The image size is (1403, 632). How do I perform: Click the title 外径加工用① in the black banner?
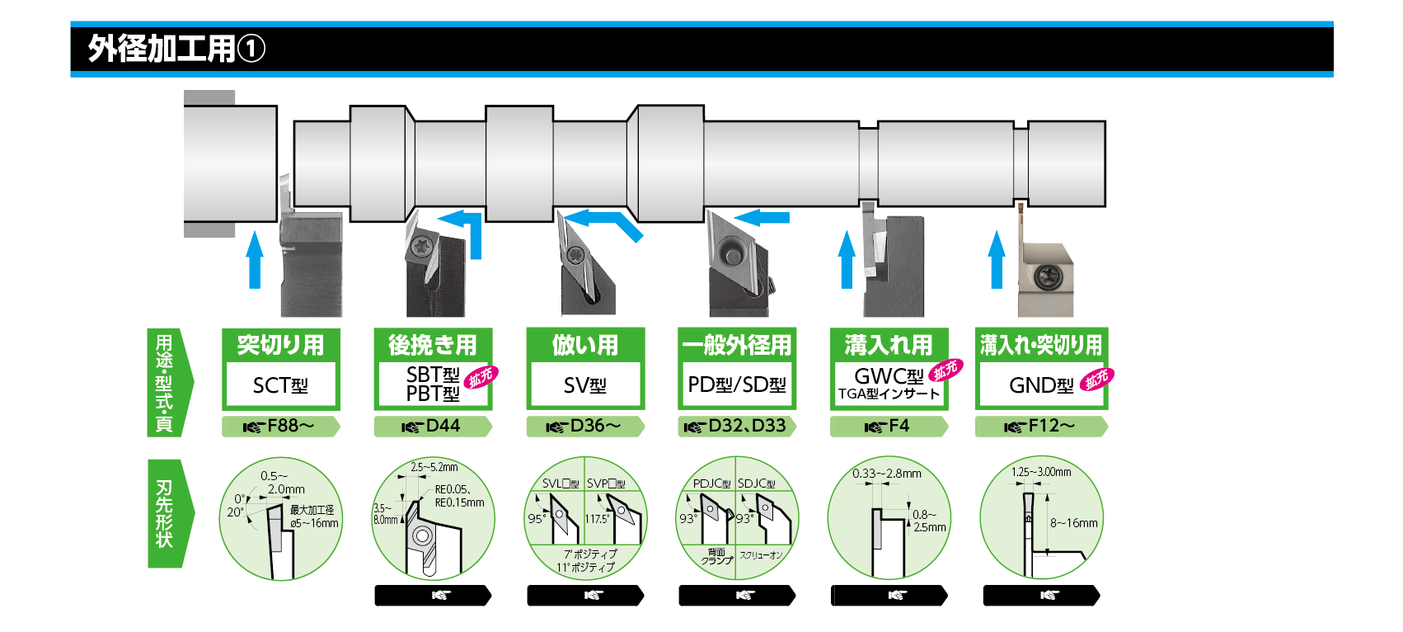[x=176, y=49]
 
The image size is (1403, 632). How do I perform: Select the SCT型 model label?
[x=280, y=385]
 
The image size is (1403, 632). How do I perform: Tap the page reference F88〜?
[x=281, y=426]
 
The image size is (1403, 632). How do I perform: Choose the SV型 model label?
[x=584, y=385]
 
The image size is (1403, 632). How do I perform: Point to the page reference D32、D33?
[x=737, y=426]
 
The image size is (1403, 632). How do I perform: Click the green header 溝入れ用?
[x=889, y=345]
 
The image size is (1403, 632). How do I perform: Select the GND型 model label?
[x=1040, y=385]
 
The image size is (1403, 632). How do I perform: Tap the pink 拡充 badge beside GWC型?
[x=945, y=370]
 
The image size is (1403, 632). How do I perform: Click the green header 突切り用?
[x=280, y=345]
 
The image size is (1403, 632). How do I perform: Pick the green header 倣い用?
[x=584, y=345]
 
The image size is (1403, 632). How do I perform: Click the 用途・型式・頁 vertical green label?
[x=165, y=382]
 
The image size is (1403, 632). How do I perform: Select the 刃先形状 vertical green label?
[x=165, y=513]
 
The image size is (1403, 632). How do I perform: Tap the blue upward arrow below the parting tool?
[x=255, y=260]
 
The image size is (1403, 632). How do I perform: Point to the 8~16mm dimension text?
[x=1073, y=523]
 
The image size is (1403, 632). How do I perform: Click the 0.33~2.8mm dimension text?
[x=886, y=474]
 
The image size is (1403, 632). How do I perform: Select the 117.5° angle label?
[x=597, y=519]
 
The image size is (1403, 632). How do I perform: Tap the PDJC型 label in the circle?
[x=711, y=483]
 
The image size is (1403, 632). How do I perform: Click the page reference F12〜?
[x=1041, y=426]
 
